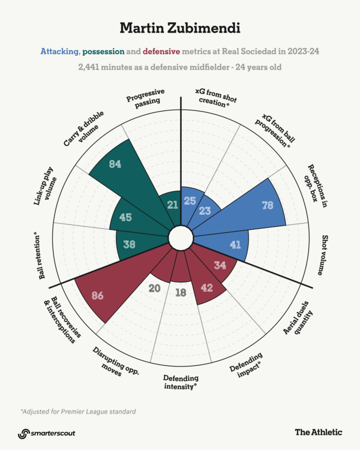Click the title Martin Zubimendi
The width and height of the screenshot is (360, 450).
coord(179,28)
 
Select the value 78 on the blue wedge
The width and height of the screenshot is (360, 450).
coord(268,205)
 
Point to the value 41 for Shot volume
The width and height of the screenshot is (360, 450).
coord(235,244)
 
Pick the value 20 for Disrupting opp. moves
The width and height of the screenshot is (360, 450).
coord(154,288)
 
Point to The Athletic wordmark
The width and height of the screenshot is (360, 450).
coord(318,431)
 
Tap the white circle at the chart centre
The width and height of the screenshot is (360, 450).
coord(178,237)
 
